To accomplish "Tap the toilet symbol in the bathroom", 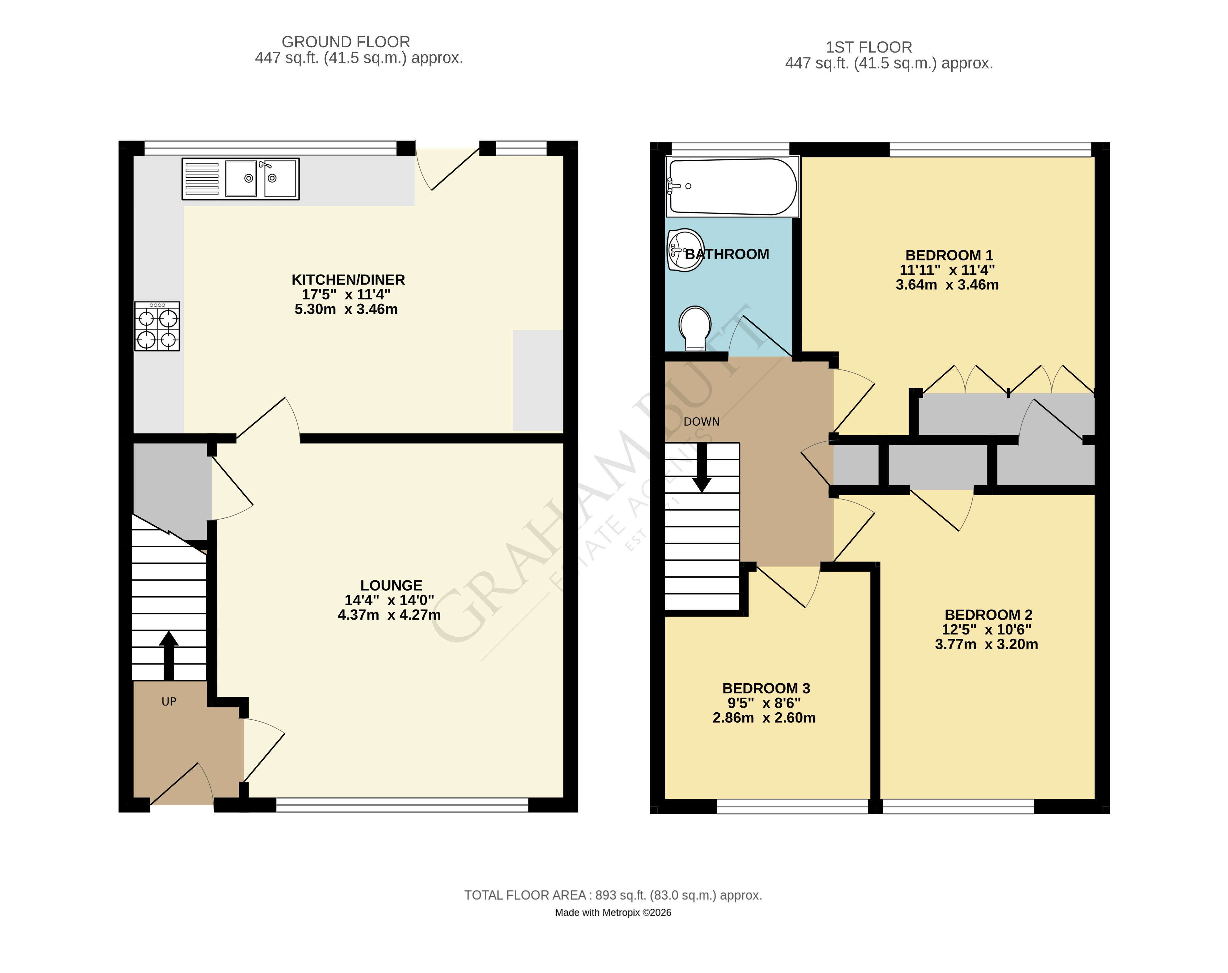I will tap(694, 327).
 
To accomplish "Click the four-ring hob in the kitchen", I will tap(157, 326).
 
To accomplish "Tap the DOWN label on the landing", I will tap(702, 422).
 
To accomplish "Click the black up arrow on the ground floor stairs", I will tap(169, 655).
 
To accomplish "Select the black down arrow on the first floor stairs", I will tap(702, 467).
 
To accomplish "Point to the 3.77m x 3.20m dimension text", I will tap(986, 644).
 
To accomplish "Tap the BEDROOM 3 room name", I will tap(766, 688).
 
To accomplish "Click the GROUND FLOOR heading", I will tap(346, 42).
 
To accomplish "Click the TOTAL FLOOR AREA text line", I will tap(613, 895).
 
